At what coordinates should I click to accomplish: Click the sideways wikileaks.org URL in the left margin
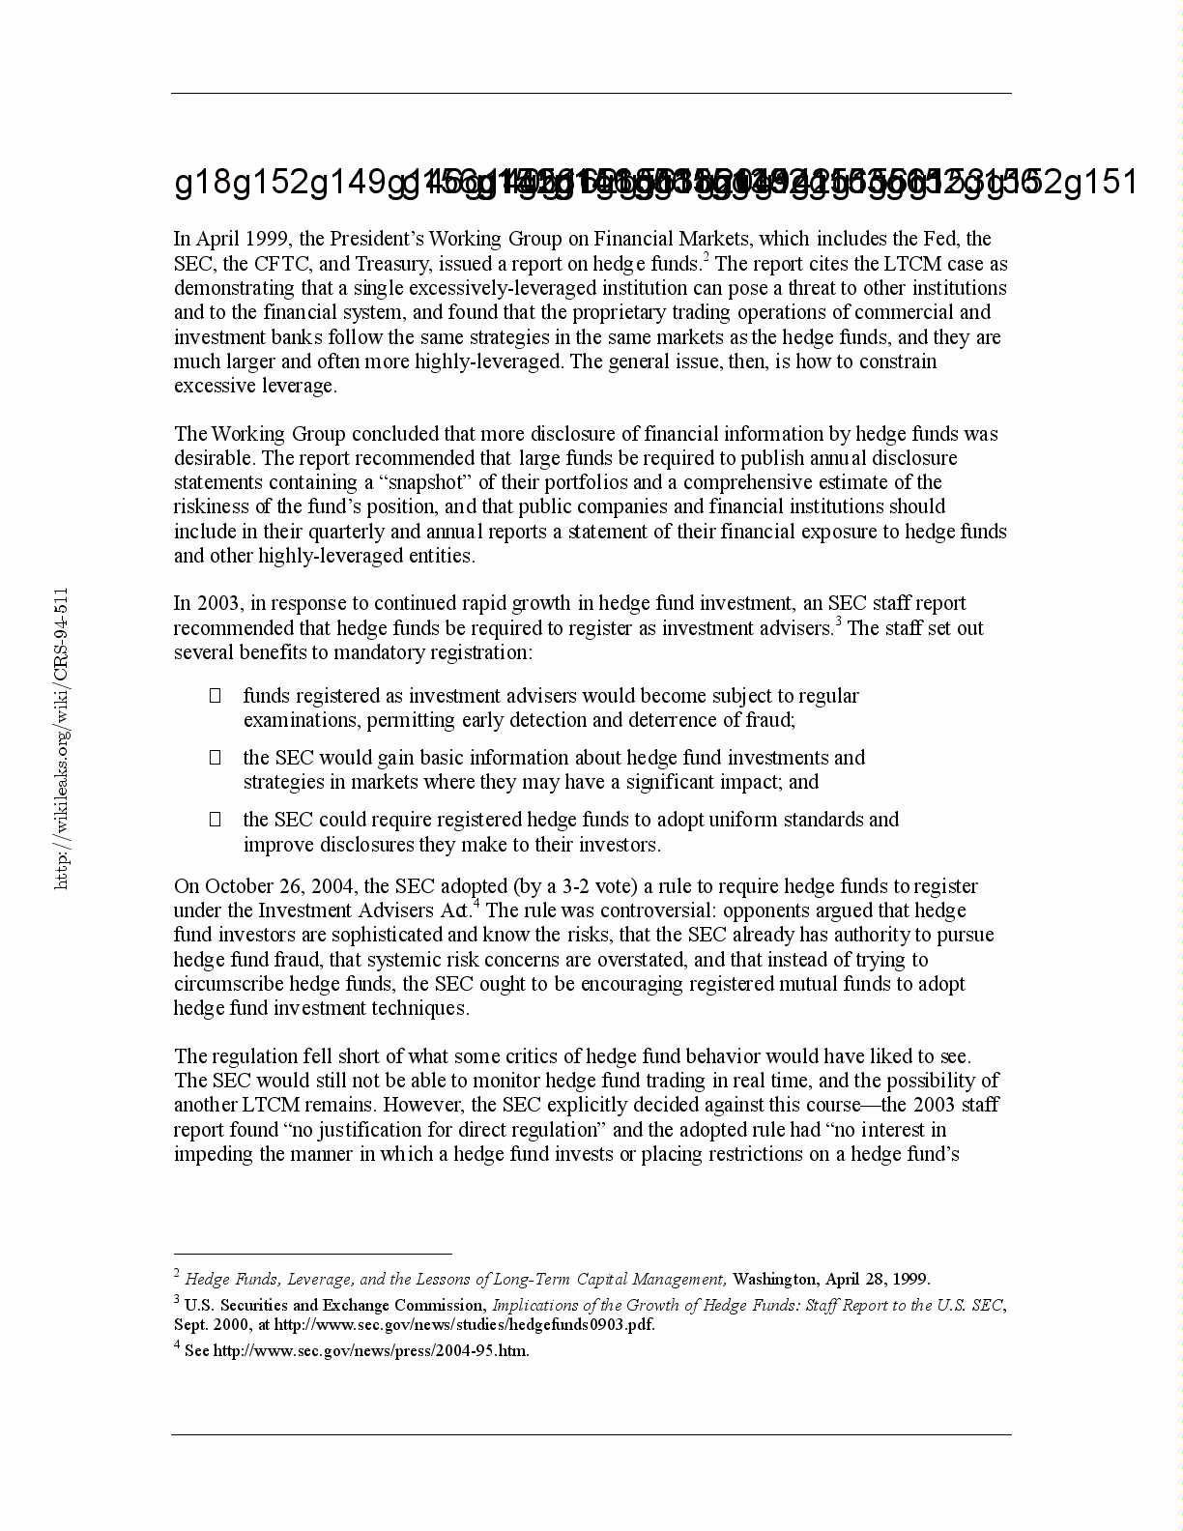coord(62,738)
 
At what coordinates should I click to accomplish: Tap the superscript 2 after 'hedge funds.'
coord(707,257)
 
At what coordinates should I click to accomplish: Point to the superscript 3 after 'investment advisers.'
coord(839,621)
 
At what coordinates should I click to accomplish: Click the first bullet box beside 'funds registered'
coord(216,695)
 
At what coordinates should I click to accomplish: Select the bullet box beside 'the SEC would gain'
coord(216,757)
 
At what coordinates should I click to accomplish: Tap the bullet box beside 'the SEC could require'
coord(216,819)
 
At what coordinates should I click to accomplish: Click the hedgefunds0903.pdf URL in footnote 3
coord(464,1325)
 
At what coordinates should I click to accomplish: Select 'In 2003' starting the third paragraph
coord(208,603)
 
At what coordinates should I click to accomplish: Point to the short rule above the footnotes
coord(312,1254)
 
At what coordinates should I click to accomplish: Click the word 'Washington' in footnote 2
coord(774,1280)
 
